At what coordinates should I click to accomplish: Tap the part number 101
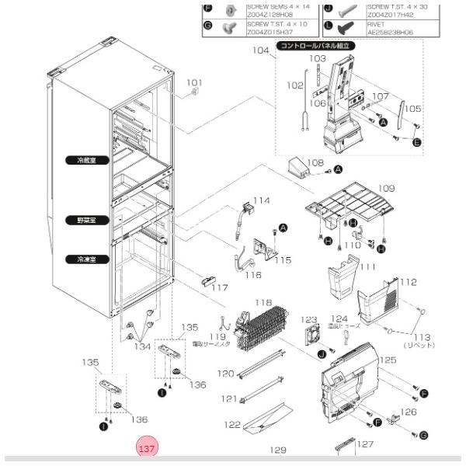coord(193,82)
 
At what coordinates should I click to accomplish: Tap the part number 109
coord(386,188)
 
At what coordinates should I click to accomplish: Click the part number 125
coord(388,360)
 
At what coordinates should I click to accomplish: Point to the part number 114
coord(261,200)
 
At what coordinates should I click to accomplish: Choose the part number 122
coord(231,425)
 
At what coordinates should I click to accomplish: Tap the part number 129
coord(278,450)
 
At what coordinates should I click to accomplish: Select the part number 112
coord(408,282)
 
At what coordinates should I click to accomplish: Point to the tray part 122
coord(265,422)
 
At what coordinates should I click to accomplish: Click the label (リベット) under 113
coord(419,344)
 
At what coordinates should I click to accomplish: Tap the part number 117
coord(220,288)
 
